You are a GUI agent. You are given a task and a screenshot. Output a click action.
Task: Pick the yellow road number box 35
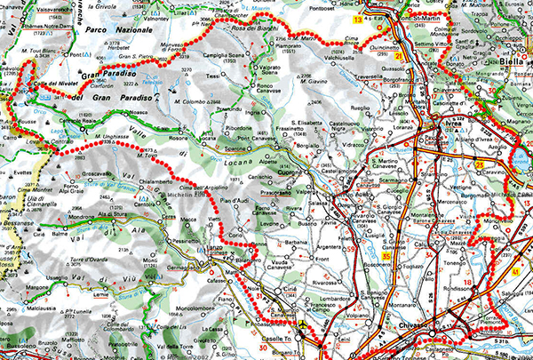coord(386,258)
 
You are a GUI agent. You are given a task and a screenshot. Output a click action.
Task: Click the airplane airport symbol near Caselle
coord(305,325)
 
